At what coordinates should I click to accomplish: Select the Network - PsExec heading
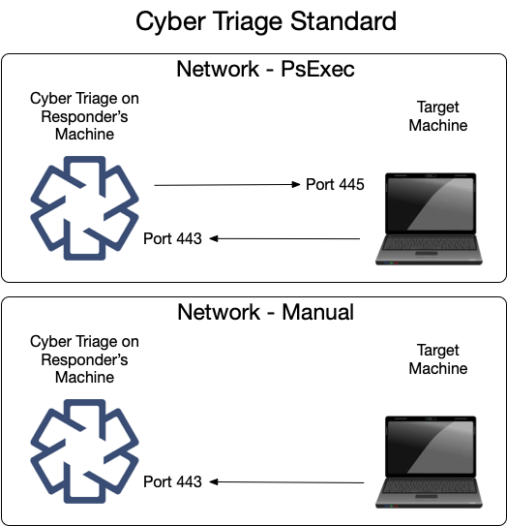click(265, 70)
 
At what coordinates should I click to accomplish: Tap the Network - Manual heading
click(265, 312)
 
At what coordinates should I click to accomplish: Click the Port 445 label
click(335, 184)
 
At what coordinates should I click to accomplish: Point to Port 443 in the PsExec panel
click(172, 238)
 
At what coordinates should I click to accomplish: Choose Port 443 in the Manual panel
click(172, 481)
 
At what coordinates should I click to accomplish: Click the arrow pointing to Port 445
click(226, 184)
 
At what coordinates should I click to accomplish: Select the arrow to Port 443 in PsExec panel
click(285, 238)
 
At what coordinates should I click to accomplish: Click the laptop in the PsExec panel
click(431, 218)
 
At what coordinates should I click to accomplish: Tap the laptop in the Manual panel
click(432, 461)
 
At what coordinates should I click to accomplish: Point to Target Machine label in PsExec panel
click(438, 116)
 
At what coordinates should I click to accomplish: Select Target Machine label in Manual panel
click(438, 359)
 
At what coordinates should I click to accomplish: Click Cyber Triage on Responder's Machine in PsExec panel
click(84, 116)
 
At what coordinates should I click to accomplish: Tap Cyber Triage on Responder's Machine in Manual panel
click(84, 359)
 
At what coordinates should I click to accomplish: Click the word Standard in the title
click(339, 21)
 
